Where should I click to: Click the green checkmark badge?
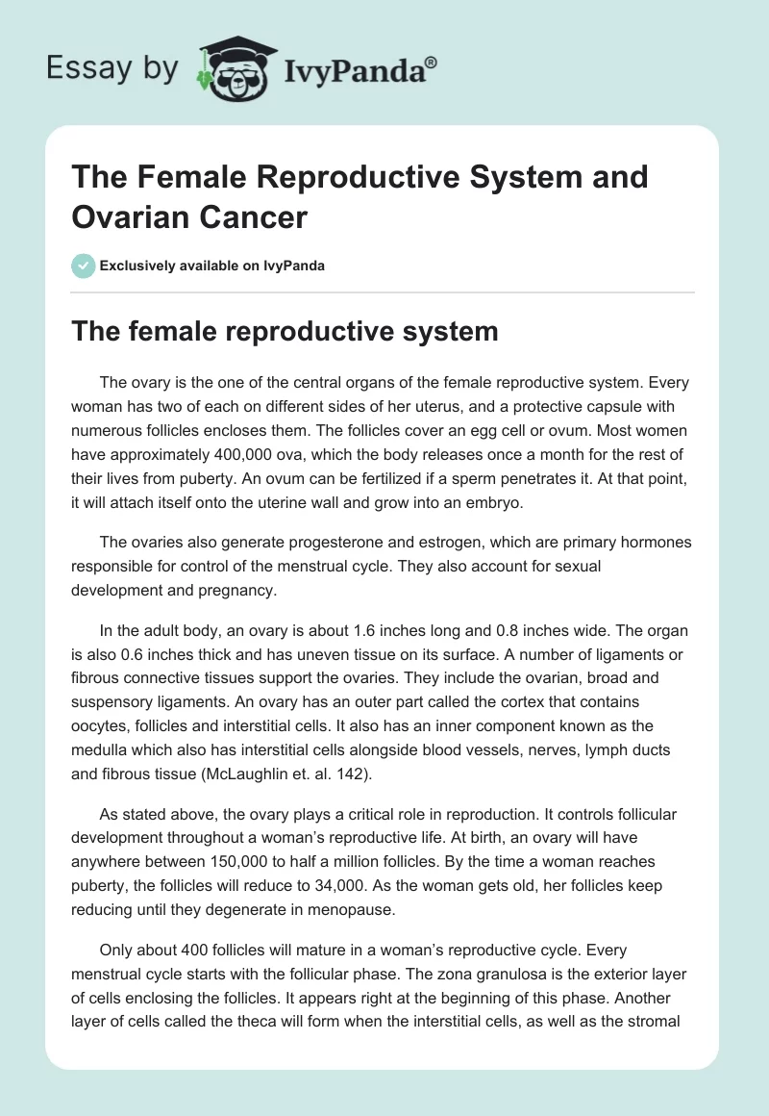click(84, 266)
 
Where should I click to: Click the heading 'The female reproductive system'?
click(285, 332)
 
